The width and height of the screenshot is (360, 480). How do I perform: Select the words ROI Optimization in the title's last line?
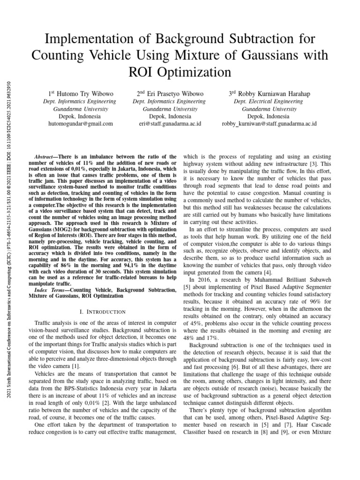tap(180, 72)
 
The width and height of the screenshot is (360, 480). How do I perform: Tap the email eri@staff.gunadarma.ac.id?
tap(170, 124)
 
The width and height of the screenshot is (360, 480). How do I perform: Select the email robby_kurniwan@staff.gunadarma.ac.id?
tap(269, 124)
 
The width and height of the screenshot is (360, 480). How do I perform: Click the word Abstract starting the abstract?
tap(46, 157)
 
